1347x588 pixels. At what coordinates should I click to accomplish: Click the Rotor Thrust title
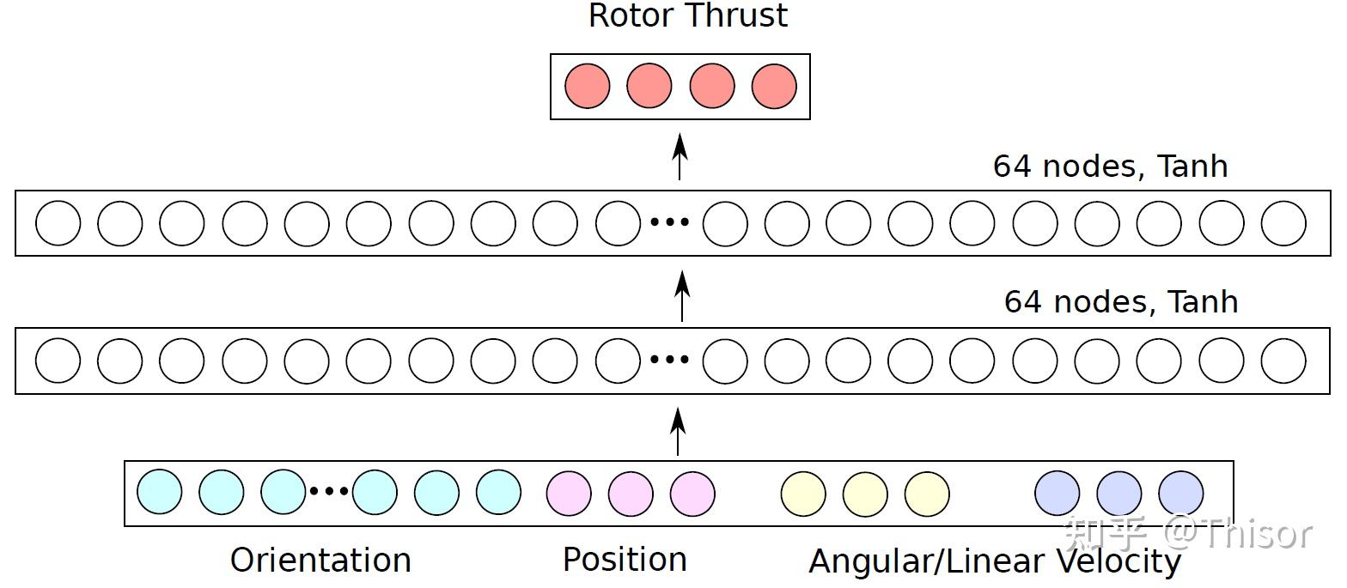pyautogui.click(x=687, y=15)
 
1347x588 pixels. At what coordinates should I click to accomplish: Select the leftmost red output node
pyautogui.click(x=588, y=86)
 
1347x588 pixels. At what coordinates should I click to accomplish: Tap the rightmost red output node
pyautogui.click(x=774, y=86)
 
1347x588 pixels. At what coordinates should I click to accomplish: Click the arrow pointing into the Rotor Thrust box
pyautogui.click(x=680, y=156)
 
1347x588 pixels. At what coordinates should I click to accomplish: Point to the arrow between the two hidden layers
pyautogui.click(x=682, y=295)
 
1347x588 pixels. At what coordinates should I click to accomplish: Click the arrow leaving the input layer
pyautogui.click(x=678, y=432)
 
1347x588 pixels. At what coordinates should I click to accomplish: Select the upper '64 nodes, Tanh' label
pyautogui.click(x=1110, y=166)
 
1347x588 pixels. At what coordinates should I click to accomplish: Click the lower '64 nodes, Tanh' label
pyautogui.click(x=1120, y=301)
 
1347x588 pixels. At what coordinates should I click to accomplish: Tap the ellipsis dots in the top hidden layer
pyautogui.click(x=669, y=222)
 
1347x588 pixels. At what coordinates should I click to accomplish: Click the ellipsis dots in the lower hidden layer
pyautogui.click(x=669, y=360)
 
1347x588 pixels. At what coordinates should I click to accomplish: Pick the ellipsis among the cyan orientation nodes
pyautogui.click(x=329, y=492)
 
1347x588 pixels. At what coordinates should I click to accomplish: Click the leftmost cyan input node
pyautogui.click(x=160, y=492)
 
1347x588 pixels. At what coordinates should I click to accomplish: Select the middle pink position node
pyautogui.click(x=631, y=494)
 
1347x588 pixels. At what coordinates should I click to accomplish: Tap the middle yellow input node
pyautogui.click(x=865, y=494)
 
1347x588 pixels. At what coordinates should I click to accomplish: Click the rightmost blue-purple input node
pyautogui.click(x=1181, y=494)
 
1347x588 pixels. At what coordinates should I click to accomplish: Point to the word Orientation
pyautogui.click(x=320, y=560)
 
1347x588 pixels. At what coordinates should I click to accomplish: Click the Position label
pyautogui.click(x=625, y=559)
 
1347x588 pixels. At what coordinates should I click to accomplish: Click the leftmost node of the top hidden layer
pyautogui.click(x=58, y=223)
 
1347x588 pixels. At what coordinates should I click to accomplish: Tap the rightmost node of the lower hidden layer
pyautogui.click(x=1283, y=361)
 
